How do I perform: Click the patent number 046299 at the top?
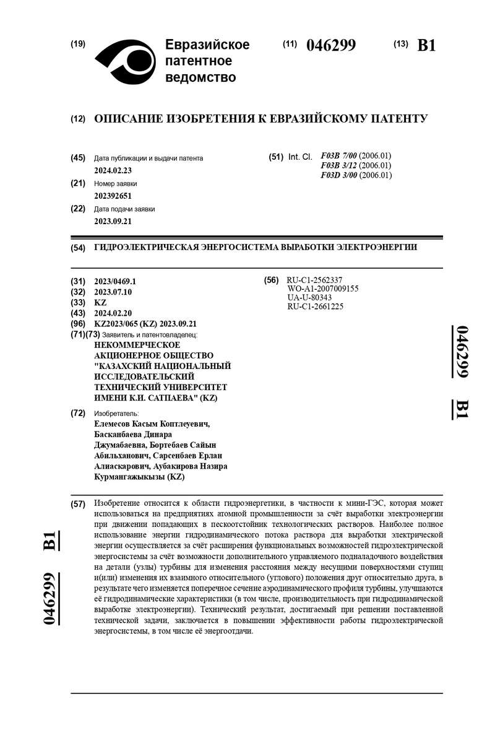click(x=331, y=45)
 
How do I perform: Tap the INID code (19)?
click(x=78, y=44)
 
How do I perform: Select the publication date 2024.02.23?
click(x=113, y=170)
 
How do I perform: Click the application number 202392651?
click(x=113, y=196)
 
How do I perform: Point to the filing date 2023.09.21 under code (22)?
click(x=113, y=221)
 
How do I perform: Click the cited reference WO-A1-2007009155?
click(x=323, y=289)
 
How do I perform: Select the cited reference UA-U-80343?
click(x=309, y=297)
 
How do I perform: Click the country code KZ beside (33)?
click(x=100, y=303)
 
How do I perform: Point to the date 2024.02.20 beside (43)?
click(x=113, y=314)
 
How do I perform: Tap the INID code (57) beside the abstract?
click(x=78, y=504)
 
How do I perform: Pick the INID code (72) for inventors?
click(x=78, y=413)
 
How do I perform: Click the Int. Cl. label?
click(x=300, y=157)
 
